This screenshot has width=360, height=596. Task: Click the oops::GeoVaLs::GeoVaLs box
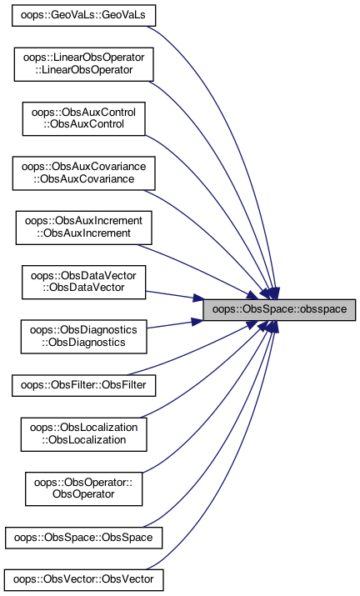pyautogui.click(x=83, y=16)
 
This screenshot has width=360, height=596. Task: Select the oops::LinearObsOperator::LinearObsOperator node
pyautogui.click(x=83, y=64)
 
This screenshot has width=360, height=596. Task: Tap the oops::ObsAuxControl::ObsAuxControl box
pyautogui.click(x=83, y=118)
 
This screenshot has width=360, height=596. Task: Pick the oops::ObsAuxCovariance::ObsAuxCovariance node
pyautogui.click(x=83, y=173)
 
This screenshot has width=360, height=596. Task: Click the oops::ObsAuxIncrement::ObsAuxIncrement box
pyautogui.click(x=83, y=228)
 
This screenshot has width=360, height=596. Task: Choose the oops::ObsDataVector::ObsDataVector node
pyautogui.click(x=83, y=282)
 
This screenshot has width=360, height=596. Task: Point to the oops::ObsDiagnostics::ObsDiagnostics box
pyautogui.click(x=83, y=337)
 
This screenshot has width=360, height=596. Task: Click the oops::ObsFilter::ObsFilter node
pyautogui.click(x=83, y=385)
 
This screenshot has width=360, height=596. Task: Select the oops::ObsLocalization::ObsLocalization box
pyautogui.click(x=83, y=434)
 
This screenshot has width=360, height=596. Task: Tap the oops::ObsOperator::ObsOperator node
pyautogui.click(x=83, y=488)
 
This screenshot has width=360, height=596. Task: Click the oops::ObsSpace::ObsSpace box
pyautogui.click(x=83, y=538)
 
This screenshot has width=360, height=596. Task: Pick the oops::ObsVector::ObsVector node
pyautogui.click(x=83, y=580)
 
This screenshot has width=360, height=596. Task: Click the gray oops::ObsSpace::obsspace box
pyautogui.click(x=279, y=310)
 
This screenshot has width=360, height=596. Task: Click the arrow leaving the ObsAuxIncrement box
pyautogui.click(x=197, y=271)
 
